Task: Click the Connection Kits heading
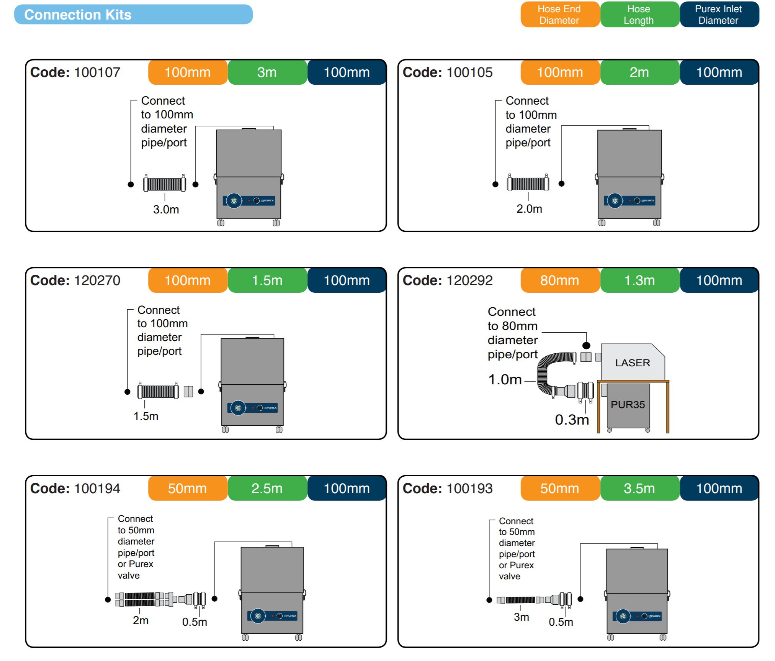click(78, 15)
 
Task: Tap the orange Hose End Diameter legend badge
click(559, 15)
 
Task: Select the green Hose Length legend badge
click(639, 15)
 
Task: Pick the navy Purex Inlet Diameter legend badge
click(718, 15)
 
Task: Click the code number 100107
click(97, 72)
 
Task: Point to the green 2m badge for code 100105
click(639, 72)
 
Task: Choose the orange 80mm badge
click(559, 280)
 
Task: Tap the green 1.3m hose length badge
click(639, 280)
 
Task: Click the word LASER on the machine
click(633, 363)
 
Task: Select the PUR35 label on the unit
click(628, 405)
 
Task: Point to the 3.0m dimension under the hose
click(166, 210)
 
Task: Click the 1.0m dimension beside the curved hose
click(505, 380)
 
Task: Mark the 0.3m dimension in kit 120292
click(572, 420)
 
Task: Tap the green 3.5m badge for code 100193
click(639, 489)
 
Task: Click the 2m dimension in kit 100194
click(141, 620)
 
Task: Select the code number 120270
click(97, 280)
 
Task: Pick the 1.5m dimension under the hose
click(146, 416)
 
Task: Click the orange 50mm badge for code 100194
click(187, 489)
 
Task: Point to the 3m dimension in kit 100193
click(521, 617)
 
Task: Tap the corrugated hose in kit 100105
click(528, 184)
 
